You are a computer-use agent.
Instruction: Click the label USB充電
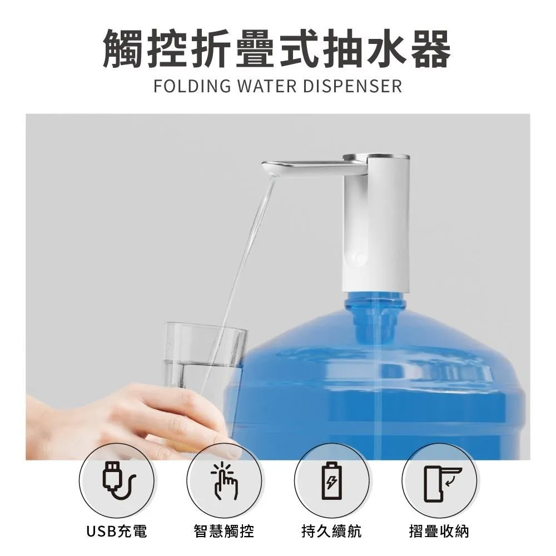(x=116, y=531)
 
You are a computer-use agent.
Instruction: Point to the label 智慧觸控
(x=224, y=531)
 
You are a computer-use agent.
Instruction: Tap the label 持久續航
(x=332, y=531)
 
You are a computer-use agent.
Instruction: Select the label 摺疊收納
(x=439, y=531)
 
